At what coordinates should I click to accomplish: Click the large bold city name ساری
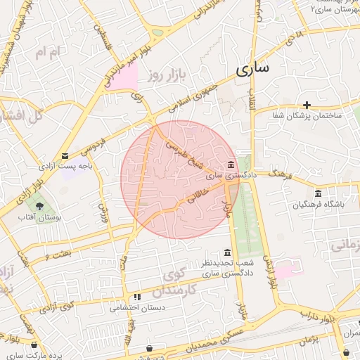253,70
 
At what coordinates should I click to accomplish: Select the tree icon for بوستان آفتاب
39,205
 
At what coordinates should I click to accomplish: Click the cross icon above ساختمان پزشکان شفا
307,105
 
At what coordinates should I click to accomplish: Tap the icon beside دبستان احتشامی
137,297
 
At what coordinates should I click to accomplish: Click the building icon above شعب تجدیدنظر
226,252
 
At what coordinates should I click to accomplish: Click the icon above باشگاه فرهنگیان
319,193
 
